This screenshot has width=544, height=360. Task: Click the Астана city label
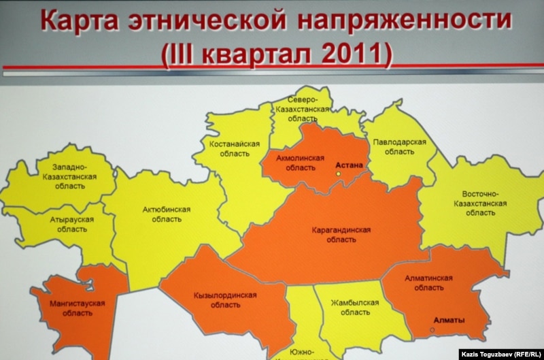click(x=349, y=165)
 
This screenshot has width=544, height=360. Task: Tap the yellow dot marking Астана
click(x=338, y=174)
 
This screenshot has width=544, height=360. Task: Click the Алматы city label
click(x=449, y=321)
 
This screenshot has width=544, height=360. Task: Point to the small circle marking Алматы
click(x=432, y=330)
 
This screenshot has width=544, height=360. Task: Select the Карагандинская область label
click(x=341, y=235)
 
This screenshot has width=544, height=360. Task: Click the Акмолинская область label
click(x=300, y=163)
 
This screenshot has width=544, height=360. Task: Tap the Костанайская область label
click(x=235, y=148)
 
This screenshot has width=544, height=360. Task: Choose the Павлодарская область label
click(x=399, y=147)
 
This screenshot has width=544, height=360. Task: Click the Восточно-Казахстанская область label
click(x=480, y=203)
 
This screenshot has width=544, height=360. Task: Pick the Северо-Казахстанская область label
click(x=302, y=110)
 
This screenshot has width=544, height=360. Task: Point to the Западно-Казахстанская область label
click(x=70, y=176)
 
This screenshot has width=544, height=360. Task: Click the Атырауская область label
click(x=72, y=225)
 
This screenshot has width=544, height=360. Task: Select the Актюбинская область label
click(x=167, y=214)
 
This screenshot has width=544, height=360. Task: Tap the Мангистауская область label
click(x=78, y=308)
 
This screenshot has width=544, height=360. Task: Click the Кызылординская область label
click(x=225, y=300)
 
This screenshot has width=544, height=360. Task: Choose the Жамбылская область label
click(x=355, y=307)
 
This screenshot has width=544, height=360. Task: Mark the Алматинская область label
click(x=429, y=282)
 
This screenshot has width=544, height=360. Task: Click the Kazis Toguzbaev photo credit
click(x=501, y=355)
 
